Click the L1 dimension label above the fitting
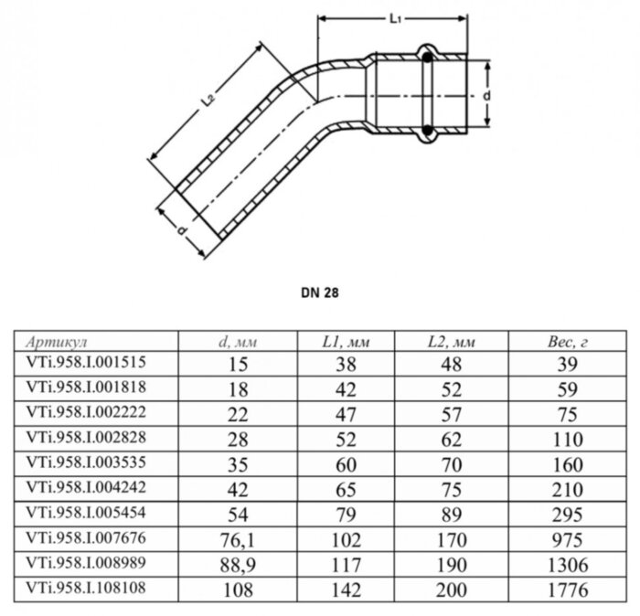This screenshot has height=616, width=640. (395, 19)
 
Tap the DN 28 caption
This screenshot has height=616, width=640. (320, 292)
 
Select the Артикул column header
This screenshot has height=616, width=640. (57, 342)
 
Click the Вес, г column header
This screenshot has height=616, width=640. (568, 342)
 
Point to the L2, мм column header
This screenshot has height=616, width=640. (451, 342)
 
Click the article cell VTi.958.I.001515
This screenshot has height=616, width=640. (86, 362)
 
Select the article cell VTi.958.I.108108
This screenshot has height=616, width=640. (86, 588)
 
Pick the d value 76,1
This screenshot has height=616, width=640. (238, 540)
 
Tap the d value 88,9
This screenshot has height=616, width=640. (238, 565)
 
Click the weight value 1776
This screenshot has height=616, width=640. (568, 589)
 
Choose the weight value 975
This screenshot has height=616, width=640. (568, 540)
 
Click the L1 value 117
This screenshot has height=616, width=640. (347, 565)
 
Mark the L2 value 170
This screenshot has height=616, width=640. (452, 540)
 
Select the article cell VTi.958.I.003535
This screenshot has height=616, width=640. (86, 462)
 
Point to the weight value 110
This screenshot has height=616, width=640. (568, 440)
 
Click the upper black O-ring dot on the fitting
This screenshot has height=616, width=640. (427, 58)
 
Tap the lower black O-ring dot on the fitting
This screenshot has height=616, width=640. (427, 131)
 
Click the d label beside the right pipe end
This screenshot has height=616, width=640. (486, 96)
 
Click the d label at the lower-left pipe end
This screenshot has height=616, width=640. (182, 230)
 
